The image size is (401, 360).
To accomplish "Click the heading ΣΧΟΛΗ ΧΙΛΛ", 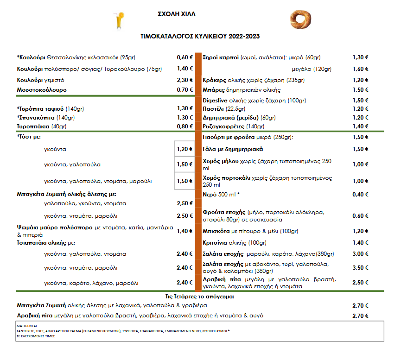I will pyautogui.click(x=177, y=14).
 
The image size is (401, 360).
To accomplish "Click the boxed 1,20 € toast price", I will pyautogui.click(x=184, y=149).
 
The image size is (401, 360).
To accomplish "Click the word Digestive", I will pyautogui.click(x=215, y=100).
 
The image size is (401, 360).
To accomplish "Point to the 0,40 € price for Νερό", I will pyautogui.click(x=360, y=194).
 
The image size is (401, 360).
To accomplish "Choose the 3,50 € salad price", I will pyautogui.click(x=360, y=267).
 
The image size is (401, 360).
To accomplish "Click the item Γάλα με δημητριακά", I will pyautogui.click(x=233, y=149).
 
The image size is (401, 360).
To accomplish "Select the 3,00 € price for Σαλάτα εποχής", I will pyautogui.click(x=360, y=254).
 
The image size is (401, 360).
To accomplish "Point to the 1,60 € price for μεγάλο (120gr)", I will pyautogui.click(x=360, y=69).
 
